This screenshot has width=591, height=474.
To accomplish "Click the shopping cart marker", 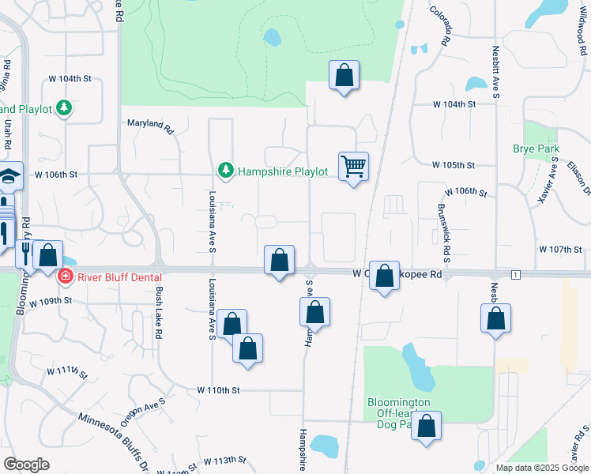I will tap(353, 167).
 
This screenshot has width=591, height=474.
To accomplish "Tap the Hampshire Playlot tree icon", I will tap(226, 171).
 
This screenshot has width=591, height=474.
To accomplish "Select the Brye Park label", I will tap(536, 149).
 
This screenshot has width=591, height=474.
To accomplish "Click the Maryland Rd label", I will tap(150, 124).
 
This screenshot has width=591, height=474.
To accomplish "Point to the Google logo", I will tap(27, 464).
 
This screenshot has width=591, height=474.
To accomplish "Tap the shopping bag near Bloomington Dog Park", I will tap(426, 427).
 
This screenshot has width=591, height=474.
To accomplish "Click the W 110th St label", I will tap(218, 389).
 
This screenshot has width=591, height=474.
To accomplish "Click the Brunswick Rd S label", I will tap(444, 230).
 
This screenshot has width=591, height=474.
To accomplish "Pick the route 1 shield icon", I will tap(515, 274).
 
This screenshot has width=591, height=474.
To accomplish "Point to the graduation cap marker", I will tap(8, 178).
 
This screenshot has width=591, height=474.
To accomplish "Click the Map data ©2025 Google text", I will tap(541, 468).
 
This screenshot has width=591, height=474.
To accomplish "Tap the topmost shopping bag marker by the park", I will tap(344, 76).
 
